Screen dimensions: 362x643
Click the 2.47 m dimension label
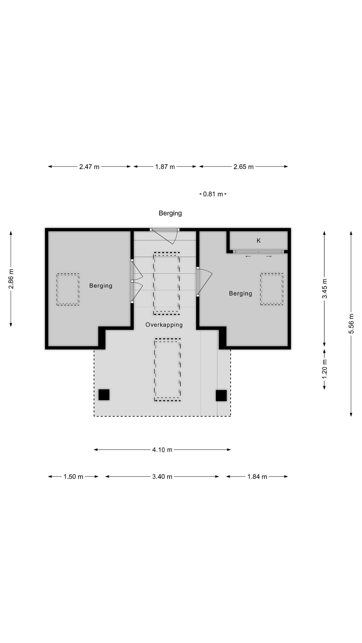tap(89, 167)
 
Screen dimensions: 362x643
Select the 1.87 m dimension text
tap(165, 167)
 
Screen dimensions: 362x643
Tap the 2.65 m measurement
tap(244, 167)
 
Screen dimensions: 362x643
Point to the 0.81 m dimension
tap(213, 194)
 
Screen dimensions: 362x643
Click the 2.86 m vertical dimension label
tap(11, 279)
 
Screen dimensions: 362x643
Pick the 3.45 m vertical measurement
tap(325, 289)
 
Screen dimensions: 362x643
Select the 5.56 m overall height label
tap(351, 324)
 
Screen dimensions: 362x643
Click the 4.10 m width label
tap(162, 450)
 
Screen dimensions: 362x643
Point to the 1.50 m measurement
tap(73, 477)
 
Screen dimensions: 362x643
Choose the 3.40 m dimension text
tap(162, 477)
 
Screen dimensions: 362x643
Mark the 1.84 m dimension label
tap(257, 477)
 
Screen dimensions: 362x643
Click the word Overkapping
tap(164, 325)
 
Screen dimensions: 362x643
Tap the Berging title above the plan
tap(170, 213)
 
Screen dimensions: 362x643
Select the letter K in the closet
tap(259, 241)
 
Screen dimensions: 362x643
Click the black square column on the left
tap(104, 395)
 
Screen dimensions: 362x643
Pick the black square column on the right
tap(221, 396)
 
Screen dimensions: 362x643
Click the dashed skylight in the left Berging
tap(68, 289)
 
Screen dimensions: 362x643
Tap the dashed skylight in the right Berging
tap(271, 289)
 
